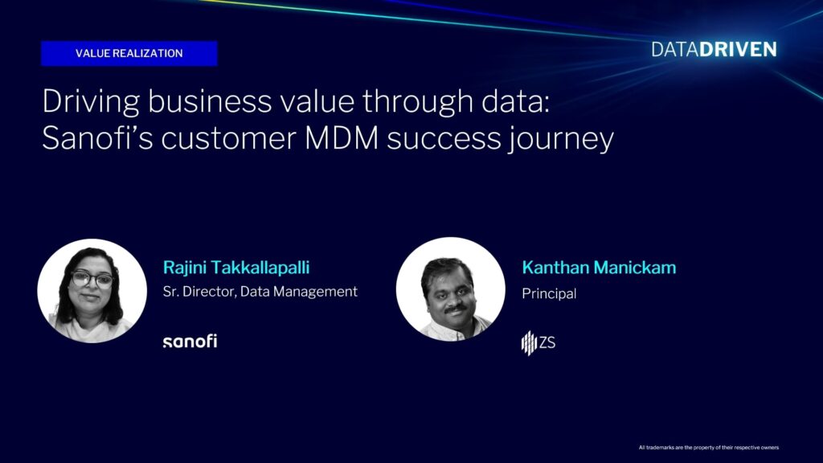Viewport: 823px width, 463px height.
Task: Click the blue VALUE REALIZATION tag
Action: coord(129,54)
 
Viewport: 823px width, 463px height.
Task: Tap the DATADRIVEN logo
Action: coord(714,49)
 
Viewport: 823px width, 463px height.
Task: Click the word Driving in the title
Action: coord(91,102)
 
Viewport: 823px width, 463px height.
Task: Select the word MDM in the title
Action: coord(342,138)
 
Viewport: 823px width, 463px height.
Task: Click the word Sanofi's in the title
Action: coord(97,138)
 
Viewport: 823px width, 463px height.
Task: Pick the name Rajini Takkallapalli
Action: coord(236,268)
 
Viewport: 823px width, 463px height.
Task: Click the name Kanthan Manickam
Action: coord(599,268)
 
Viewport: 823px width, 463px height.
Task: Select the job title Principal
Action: coord(549,293)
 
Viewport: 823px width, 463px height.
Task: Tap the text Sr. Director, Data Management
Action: coord(260,292)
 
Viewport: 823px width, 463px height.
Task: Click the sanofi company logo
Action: coord(190,341)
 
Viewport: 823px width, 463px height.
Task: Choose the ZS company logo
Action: coord(538,342)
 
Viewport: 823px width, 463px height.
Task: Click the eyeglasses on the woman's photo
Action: coord(92,279)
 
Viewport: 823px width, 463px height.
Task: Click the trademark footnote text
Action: coord(709,448)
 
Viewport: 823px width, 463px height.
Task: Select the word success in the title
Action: coord(444,139)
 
